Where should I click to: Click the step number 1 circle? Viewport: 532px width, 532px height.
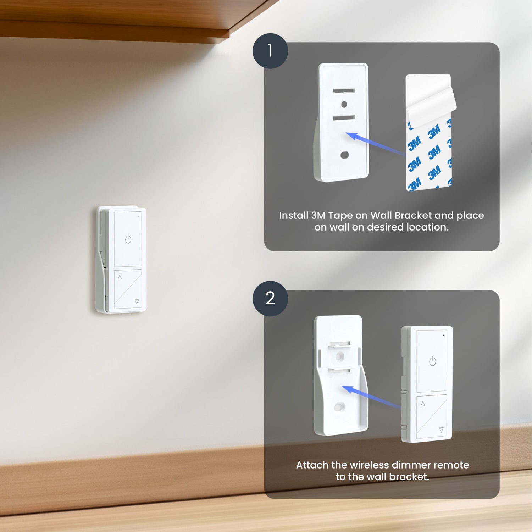(270, 51)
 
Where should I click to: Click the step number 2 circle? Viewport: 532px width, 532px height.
(270, 298)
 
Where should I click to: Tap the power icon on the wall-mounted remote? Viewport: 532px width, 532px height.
(128, 239)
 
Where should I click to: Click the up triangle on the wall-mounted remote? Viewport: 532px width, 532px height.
(120, 277)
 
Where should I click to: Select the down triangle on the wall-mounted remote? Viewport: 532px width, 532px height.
(137, 302)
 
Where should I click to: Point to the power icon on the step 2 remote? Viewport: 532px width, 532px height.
(432, 361)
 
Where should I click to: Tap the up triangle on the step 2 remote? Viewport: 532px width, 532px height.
(423, 404)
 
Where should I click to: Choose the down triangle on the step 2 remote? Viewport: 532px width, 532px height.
(441, 430)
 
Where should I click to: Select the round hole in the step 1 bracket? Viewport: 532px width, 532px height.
(344, 104)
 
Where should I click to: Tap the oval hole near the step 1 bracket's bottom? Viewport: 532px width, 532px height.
(344, 155)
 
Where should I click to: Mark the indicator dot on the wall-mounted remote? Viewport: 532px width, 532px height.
(138, 216)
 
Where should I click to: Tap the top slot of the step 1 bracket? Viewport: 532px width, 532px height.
(344, 91)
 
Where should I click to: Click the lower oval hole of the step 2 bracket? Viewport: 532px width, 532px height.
(339, 406)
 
